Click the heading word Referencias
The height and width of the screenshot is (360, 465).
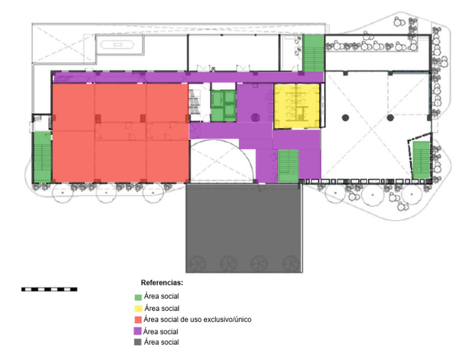[161, 282]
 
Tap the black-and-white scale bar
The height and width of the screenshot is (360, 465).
[49, 289]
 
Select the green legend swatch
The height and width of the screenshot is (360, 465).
[138, 298]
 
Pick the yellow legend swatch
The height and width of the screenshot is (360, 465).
[138, 308]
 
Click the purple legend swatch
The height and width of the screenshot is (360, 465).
[137, 331]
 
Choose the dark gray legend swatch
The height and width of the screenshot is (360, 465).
[137, 342]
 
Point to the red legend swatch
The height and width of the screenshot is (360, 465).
[138, 320]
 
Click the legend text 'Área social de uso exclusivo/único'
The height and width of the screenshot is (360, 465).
[197, 319]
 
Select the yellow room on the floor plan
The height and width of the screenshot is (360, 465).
[297, 106]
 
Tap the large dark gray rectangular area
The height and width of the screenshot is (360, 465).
[244, 228]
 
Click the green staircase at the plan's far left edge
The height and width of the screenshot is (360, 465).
[42, 157]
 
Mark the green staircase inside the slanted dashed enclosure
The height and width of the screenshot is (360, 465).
[421, 160]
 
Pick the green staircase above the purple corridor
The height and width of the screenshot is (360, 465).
[313, 53]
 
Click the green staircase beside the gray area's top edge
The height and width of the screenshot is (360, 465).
[288, 166]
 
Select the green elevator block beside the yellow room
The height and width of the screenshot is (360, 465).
[223, 106]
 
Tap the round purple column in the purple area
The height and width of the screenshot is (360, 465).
[256, 118]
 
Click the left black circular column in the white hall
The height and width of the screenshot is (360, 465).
[345, 118]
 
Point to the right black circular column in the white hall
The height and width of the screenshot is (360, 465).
[391, 118]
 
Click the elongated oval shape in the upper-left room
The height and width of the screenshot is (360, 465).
[117, 45]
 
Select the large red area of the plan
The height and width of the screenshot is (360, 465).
[120, 133]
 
